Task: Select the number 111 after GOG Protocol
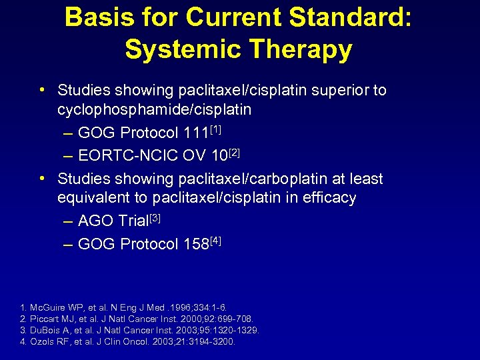(x=194, y=133)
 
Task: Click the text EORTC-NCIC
(x=126, y=156)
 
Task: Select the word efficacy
(x=331, y=198)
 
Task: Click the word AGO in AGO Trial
(x=95, y=221)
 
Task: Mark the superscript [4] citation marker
(x=215, y=239)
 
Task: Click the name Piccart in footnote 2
(x=43, y=319)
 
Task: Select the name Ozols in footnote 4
(x=39, y=342)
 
